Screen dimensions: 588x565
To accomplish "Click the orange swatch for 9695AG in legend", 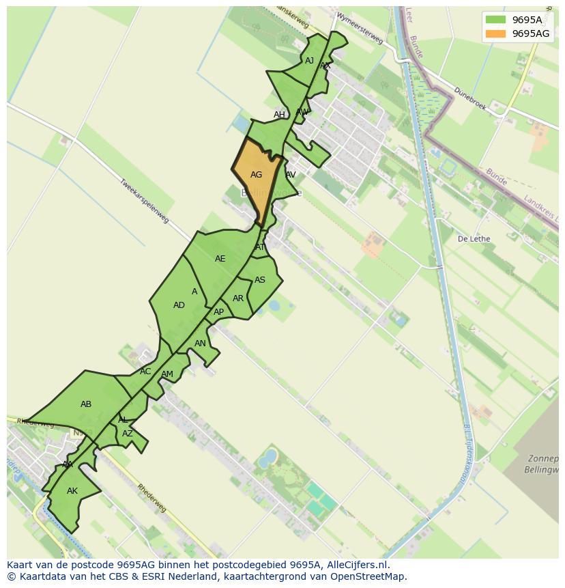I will point(496,33).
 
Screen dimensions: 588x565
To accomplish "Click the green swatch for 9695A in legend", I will point(496,20).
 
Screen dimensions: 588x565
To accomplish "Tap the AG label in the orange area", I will point(256,175).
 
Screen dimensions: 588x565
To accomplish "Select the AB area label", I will point(86,404).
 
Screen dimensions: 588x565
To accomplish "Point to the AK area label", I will point(72,491).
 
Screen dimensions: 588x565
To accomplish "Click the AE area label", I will point(220,259).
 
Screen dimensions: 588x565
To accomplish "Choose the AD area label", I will point(179,305).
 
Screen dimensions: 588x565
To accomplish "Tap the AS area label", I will point(259,280).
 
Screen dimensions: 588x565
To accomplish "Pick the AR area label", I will point(237,298).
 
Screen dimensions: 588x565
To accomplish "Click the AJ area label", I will point(309,61).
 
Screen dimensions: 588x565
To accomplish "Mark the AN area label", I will point(200,344).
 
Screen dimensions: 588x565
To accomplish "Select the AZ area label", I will point(128,434).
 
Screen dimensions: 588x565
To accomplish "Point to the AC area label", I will point(145,372).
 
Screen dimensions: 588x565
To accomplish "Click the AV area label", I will point(290,175).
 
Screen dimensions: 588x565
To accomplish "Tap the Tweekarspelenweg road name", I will point(144,201).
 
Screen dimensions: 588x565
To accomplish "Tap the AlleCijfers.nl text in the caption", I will point(354,565).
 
